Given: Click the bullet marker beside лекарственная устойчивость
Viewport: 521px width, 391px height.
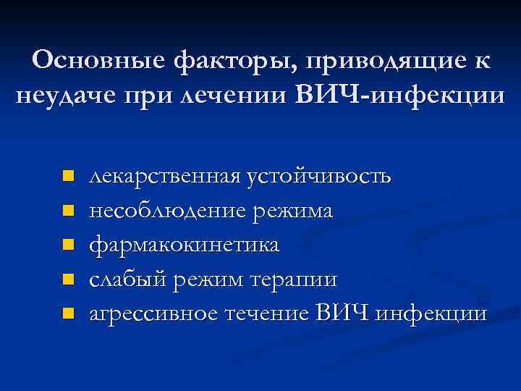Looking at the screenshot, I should (68, 176).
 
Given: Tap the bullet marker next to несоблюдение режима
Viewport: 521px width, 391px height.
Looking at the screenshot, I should (68, 211).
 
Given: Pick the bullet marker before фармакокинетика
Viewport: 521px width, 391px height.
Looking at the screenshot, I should (68, 245).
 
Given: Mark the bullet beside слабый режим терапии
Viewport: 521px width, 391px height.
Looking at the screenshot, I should (68, 279).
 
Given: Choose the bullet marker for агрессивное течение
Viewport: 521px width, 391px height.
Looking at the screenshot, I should (68, 314).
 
